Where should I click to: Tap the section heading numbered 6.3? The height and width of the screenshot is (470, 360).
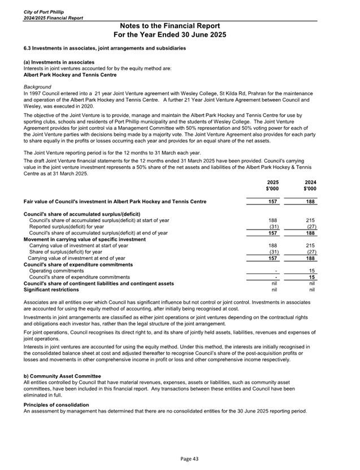[x=105, y=49]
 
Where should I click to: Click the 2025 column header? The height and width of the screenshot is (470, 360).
[x=272, y=182]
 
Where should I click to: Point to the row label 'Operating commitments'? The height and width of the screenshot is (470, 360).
[x=55, y=271]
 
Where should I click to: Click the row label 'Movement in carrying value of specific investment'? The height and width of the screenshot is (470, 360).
[x=84, y=239]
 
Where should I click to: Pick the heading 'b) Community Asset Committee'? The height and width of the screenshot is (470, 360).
[x=62, y=376]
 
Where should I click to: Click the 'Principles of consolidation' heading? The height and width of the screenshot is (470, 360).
[x=56, y=405]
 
